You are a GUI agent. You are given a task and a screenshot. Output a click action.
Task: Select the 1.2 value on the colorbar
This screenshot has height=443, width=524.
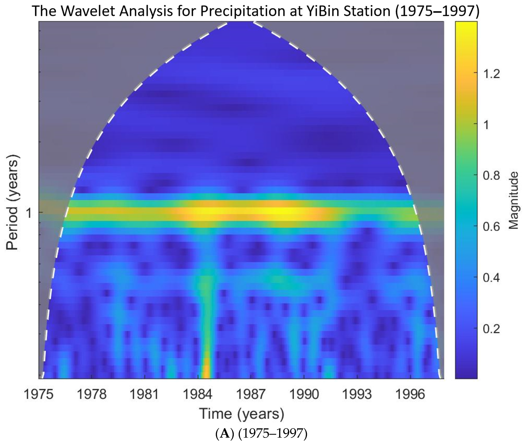coord(491,74)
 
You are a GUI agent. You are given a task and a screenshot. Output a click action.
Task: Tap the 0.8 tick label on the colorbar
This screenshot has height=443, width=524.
coord(491,176)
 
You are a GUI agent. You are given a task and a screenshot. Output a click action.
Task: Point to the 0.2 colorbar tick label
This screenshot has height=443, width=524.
coord(491,329)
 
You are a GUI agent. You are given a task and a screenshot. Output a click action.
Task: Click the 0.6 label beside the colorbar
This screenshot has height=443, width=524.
coord(491,226)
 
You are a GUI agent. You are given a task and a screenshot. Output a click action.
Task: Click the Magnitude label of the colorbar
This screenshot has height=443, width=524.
coord(513,200)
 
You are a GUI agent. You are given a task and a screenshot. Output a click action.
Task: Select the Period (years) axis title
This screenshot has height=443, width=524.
coord(12,202)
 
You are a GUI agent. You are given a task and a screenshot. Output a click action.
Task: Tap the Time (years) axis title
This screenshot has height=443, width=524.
coord(242,414)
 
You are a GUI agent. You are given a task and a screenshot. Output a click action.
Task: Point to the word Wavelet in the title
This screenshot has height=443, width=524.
coord(87,11)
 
